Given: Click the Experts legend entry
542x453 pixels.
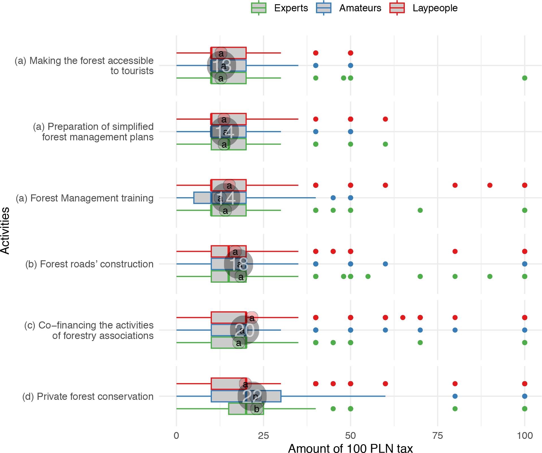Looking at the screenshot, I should tap(291, 8).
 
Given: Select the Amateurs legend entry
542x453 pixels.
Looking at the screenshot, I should tap(360, 8).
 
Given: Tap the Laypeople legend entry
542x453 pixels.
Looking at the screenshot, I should tap(435, 8).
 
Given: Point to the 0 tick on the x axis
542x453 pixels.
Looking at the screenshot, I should tap(177, 435).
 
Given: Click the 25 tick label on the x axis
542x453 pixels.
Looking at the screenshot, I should tap(263, 435).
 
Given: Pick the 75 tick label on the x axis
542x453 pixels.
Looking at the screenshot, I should tap(438, 435).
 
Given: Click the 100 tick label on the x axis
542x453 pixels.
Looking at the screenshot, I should tap(525, 435).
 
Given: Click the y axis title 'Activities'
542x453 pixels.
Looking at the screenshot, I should tap(5, 231).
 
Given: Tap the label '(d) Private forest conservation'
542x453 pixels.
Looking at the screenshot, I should tap(88, 396).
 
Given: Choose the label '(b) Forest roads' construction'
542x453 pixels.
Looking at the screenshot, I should tap(89, 264).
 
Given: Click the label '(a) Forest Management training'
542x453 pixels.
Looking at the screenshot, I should tap(85, 198).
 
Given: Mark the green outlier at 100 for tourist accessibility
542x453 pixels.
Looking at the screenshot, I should tap(524, 78).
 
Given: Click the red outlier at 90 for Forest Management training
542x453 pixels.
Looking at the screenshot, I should tap(490, 185).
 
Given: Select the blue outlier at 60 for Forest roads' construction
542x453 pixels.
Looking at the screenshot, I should tap(385, 264).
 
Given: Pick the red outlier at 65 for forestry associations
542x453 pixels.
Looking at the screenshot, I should tap(403, 317).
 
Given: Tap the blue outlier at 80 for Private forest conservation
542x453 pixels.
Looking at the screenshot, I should tap(455, 396).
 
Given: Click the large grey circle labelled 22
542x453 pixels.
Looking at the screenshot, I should tap(252, 396).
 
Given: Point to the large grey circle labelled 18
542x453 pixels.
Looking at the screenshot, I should tap(238, 264).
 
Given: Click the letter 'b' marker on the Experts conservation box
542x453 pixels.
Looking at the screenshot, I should tap(257, 409).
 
